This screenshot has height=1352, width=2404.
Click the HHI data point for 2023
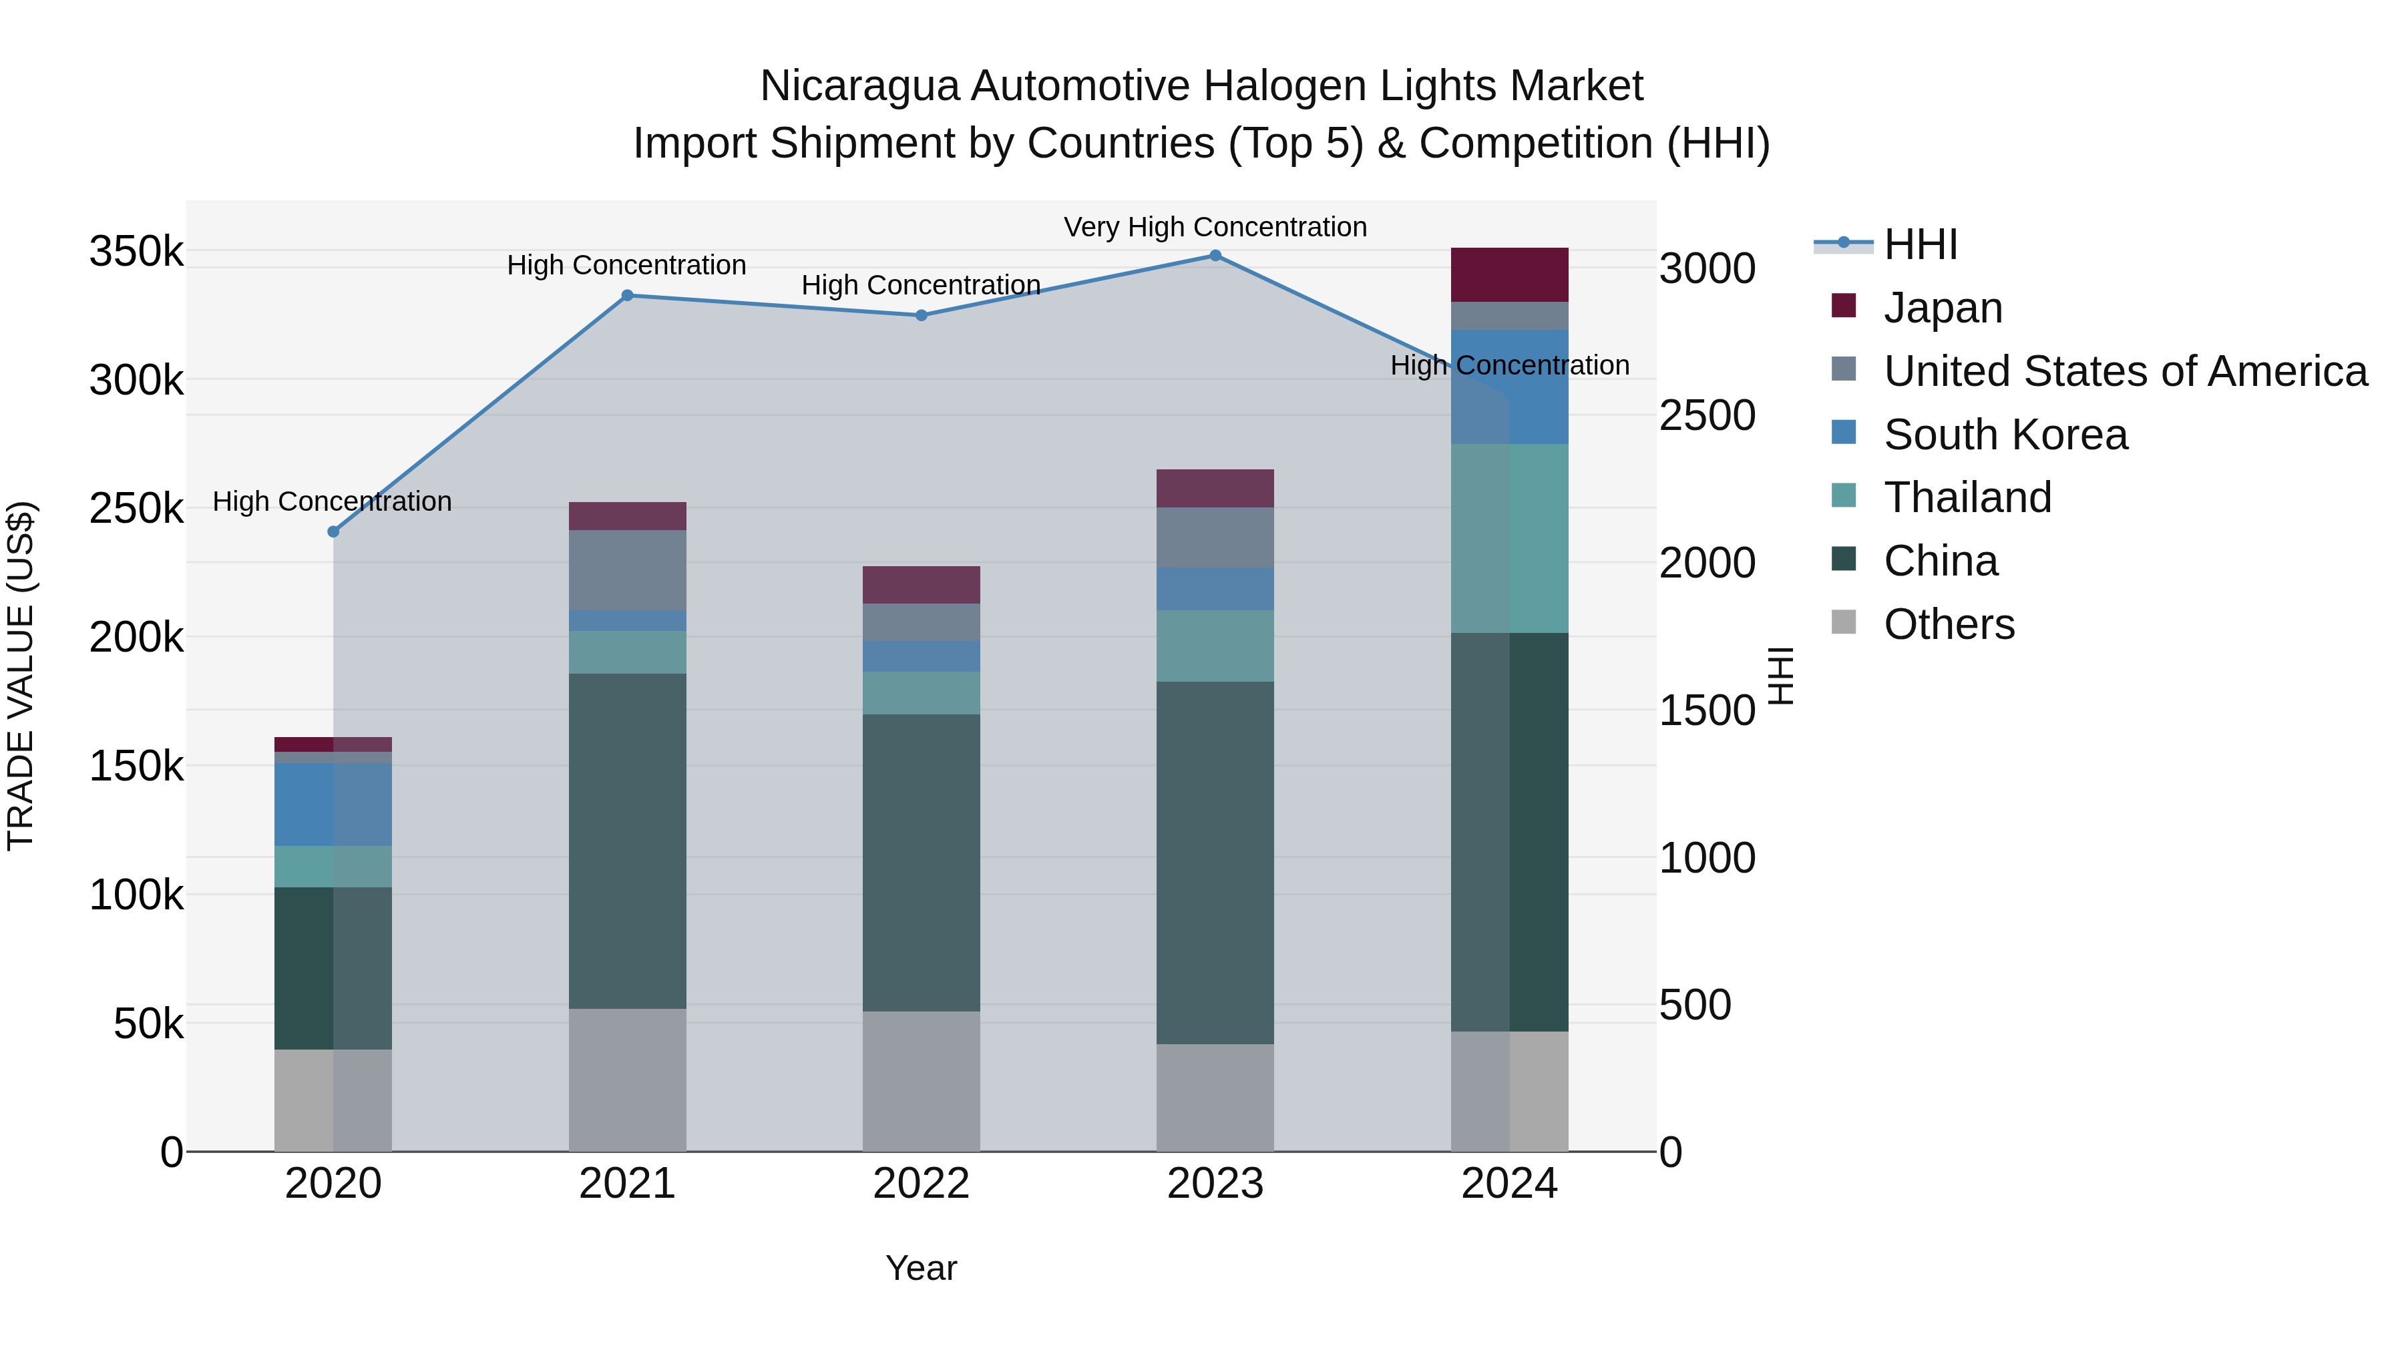(x=1215, y=256)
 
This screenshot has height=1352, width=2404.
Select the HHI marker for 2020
(x=333, y=532)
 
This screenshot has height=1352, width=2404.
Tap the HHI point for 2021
(x=627, y=296)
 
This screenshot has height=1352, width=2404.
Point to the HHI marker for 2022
(x=921, y=315)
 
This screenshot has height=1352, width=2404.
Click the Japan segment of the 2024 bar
(x=1509, y=275)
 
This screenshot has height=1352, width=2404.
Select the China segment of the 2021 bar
(x=627, y=841)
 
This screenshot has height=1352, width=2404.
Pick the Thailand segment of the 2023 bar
(x=1215, y=646)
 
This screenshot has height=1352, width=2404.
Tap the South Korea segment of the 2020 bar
(x=333, y=805)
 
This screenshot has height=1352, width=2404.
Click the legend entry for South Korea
(x=2005, y=435)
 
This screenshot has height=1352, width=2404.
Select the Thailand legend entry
(x=1967, y=497)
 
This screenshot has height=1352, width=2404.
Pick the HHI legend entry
(x=1920, y=244)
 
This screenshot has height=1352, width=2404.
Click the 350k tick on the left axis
(x=136, y=252)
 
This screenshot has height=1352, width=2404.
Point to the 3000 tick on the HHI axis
(x=1707, y=268)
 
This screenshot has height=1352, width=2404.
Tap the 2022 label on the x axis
(x=921, y=1184)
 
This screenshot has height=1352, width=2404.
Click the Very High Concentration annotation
(x=1215, y=227)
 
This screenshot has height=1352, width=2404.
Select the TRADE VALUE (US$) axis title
(x=21, y=676)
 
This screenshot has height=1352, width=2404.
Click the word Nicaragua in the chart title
(x=859, y=86)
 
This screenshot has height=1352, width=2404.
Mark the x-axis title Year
(x=921, y=1268)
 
